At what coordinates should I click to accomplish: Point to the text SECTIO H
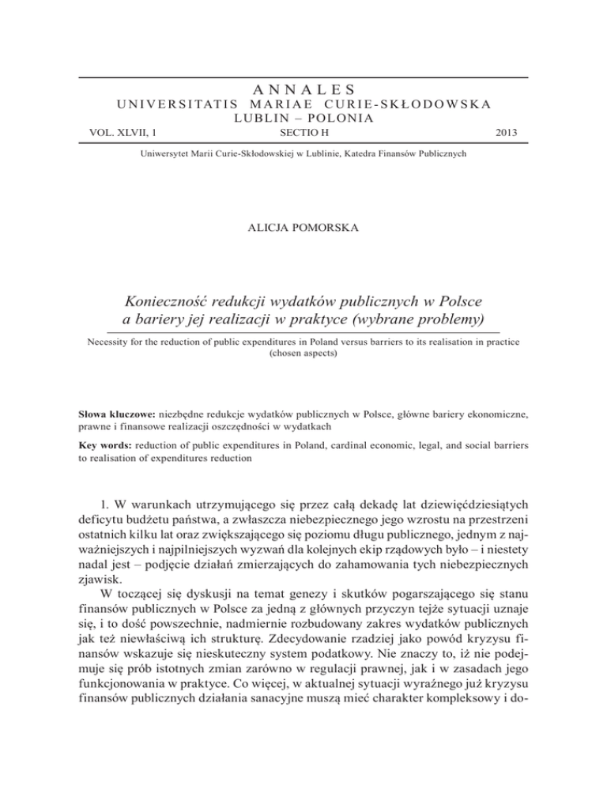[303, 134]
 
